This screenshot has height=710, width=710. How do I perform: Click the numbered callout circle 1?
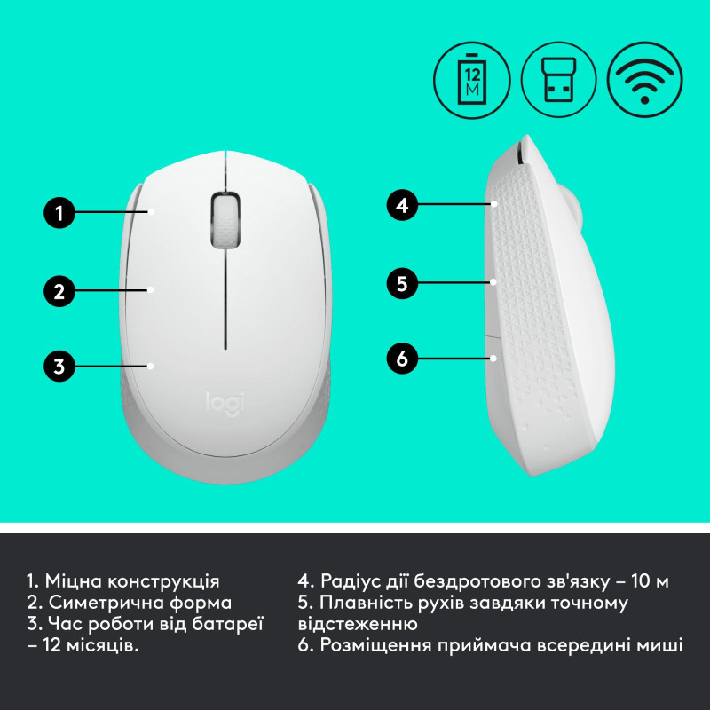point(59,212)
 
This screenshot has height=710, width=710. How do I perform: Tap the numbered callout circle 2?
point(59,288)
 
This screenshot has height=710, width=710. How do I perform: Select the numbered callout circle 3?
point(59,365)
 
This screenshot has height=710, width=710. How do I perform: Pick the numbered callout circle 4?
point(402,205)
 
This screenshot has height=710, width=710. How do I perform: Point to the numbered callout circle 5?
point(402,283)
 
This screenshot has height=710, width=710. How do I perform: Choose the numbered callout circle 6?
point(402,359)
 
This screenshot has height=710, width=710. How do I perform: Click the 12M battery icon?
point(469,77)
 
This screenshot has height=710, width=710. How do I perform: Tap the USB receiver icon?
point(556,77)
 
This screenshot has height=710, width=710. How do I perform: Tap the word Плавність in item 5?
point(367,603)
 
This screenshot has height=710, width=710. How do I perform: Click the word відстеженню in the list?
point(358,625)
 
